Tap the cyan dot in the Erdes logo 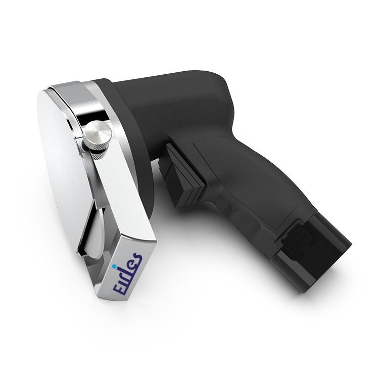pyautogui.click(x=115, y=267)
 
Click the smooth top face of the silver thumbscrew pyautogui.click(x=99, y=130)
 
